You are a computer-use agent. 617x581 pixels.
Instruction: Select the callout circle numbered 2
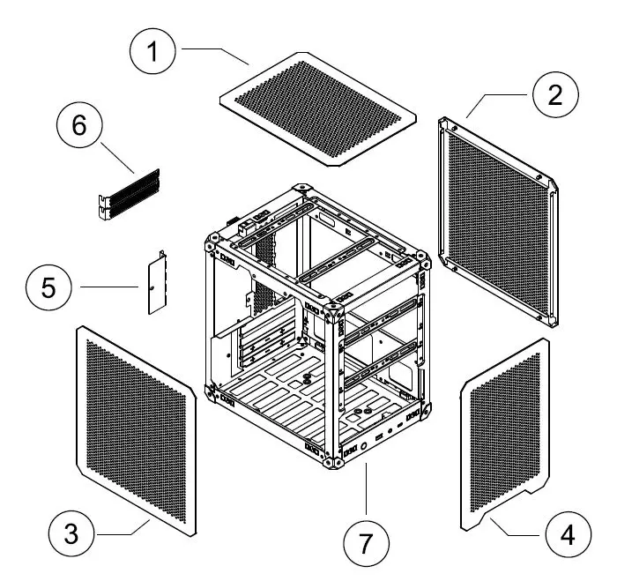pyautogui.click(x=553, y=95)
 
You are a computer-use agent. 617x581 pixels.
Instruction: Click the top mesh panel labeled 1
pyautogui.click(x=317, y=106)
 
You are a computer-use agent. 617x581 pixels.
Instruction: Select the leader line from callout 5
pyautogui.click(x=108, y=287)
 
